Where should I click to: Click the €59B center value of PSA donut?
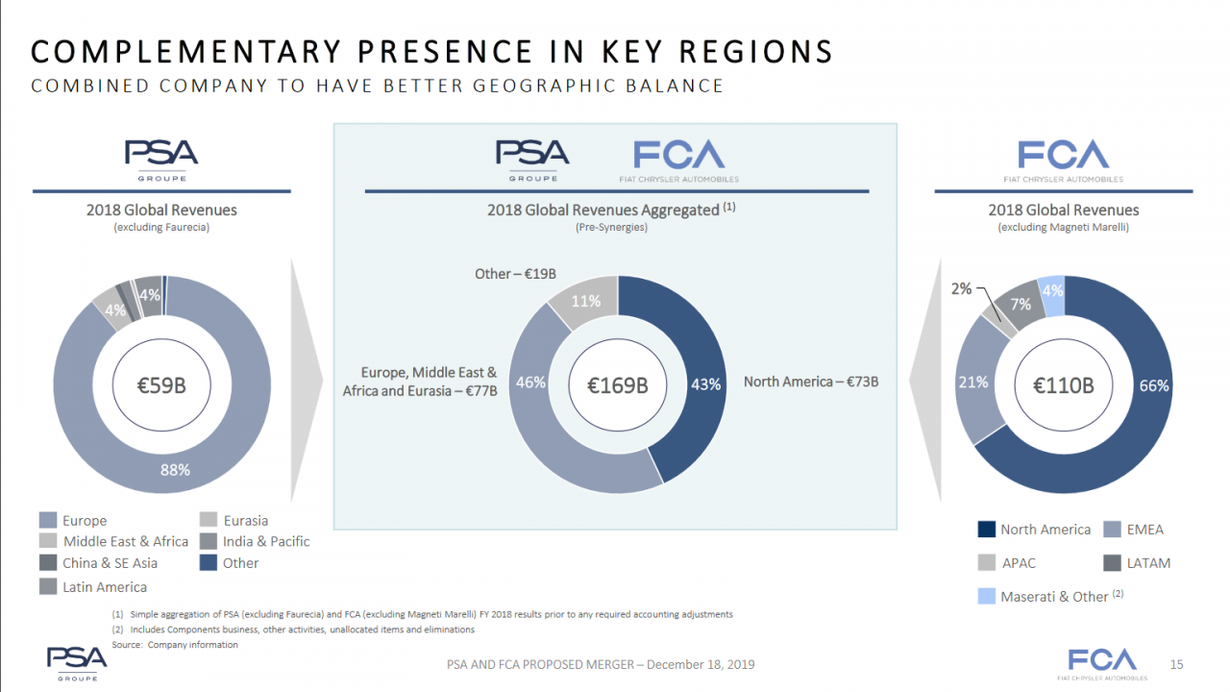161,386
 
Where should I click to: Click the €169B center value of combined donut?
618,385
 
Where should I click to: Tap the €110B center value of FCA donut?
1063,386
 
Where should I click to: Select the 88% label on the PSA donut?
175,470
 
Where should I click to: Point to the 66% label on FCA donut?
1154,385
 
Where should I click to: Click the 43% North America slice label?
705,383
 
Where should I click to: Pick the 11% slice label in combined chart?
586,301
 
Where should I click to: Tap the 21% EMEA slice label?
972,382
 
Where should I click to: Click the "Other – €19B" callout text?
516,274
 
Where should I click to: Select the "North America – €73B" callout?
811,382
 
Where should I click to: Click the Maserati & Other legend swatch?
986,597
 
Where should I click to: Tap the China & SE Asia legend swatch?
48,563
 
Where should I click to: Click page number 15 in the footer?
1177,664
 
